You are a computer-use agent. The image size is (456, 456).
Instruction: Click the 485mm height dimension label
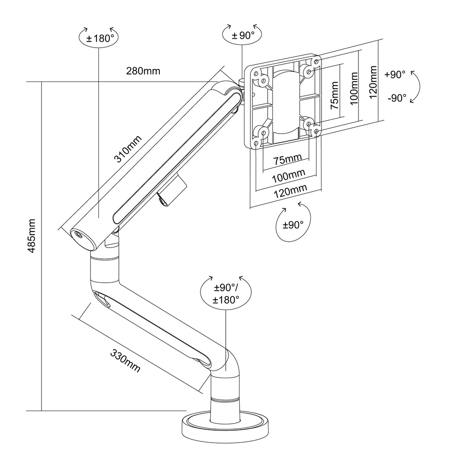[32, 236]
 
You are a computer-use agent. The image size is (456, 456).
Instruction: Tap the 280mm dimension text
[143, 71]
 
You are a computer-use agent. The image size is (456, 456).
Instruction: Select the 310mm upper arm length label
[128, 149]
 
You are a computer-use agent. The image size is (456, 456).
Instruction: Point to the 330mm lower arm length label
[125, 360]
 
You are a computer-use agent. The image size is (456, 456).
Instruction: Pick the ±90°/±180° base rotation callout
[226, 293]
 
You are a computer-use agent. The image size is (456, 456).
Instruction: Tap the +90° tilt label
[395, 74]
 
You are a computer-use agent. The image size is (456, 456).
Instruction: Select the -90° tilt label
[397, 98]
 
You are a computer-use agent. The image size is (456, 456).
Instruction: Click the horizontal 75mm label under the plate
[287, 159]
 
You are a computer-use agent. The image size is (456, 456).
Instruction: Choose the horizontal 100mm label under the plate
[289, 175]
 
